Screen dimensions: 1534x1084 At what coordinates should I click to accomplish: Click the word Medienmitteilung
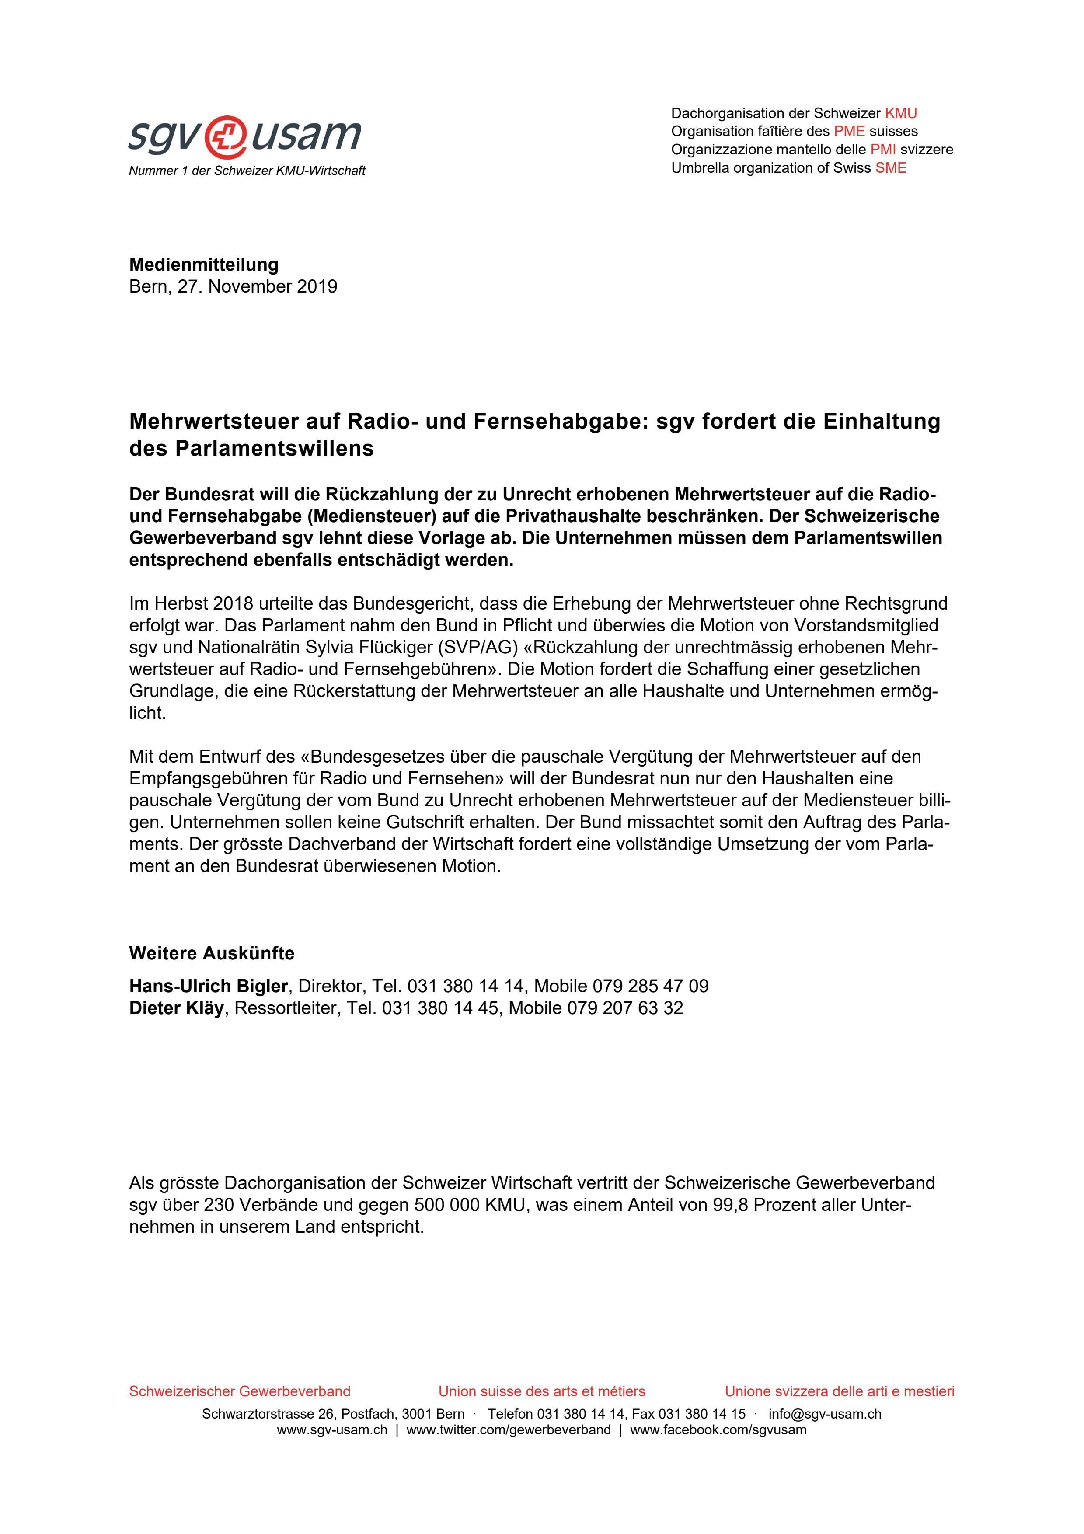click(x=204, y=265)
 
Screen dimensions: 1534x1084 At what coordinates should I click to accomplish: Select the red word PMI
click(x=882, y=150)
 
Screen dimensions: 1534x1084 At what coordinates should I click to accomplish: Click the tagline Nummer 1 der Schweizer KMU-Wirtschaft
click(x=247, y=171)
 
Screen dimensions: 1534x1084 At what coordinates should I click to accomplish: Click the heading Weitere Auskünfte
click(x=212, y=953)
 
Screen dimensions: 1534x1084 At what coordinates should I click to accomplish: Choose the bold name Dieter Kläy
click(x=176, y=1008)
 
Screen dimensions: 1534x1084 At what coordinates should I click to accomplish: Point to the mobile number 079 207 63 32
click(x=625, y=1008)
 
